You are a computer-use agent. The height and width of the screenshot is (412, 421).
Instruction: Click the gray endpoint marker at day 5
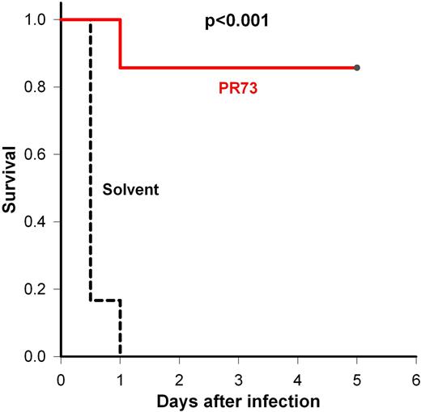point(357,68)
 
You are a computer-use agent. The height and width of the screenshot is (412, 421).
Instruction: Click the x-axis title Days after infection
point(238,401)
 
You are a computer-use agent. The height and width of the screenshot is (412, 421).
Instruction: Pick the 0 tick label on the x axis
point(61,379)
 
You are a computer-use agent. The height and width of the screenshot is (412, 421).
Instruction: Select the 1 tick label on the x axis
point(120,379)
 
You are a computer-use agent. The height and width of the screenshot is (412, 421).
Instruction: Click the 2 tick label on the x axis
point(179,379)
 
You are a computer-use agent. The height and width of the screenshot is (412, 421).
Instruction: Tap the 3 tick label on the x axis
point(238,379)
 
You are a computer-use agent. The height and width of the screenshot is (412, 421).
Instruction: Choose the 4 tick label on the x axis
point(298,379)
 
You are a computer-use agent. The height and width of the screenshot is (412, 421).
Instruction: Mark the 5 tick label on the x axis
point(357,379)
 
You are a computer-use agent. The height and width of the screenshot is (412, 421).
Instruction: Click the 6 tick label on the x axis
point(415,379)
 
